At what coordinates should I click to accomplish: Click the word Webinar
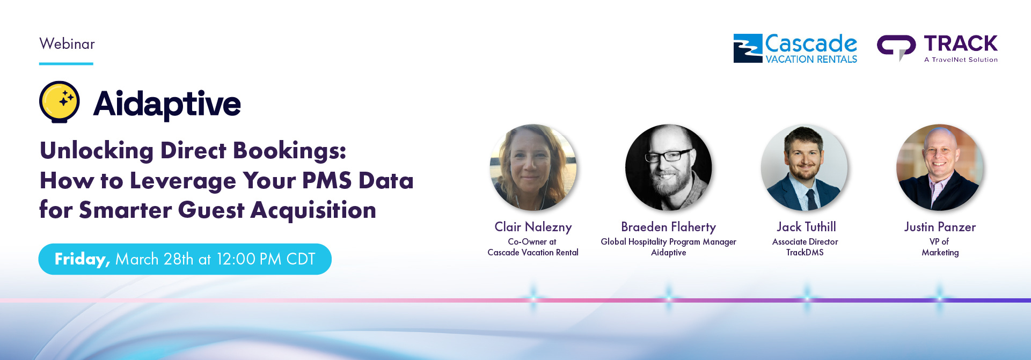67,44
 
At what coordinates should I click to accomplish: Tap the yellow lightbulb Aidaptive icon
60,102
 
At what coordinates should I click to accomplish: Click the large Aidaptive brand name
167,104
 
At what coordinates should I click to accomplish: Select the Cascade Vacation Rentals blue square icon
748,48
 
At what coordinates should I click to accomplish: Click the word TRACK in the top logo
960,43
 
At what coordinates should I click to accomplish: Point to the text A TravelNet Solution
961,60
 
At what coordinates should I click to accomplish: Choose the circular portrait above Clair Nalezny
533,167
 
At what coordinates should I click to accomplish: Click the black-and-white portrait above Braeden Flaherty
669,167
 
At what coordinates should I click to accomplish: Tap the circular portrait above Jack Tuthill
804,167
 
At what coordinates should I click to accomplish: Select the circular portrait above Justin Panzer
940,167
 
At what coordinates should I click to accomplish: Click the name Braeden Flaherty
669,227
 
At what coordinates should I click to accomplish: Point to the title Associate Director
805,242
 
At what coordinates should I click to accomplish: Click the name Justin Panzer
940,227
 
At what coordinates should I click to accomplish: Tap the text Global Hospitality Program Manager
669,242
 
